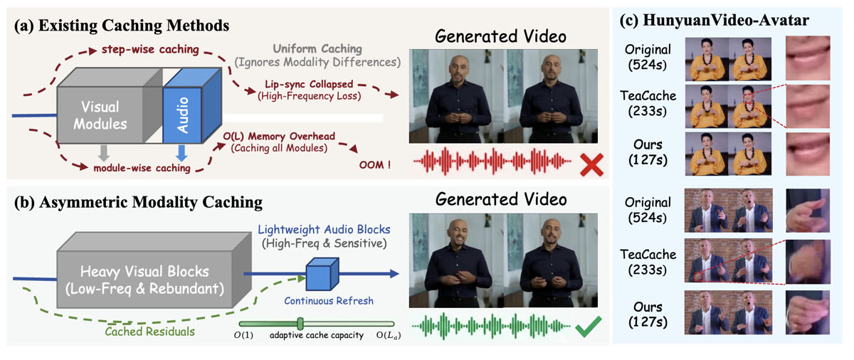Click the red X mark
tap(591, 165)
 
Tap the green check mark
tap(589, 327)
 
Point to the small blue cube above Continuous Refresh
tap(322, 274)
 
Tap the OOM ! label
tap(375, 165)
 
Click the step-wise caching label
tap(150, 50)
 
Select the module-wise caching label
tap(142, 168)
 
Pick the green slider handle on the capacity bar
tap(300, 324)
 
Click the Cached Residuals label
tap(150, 332)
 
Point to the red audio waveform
tap(492, 162)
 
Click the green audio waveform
tap(492, 326)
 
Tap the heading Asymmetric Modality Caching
tap(138, 202)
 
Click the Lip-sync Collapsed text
tap(309, 84)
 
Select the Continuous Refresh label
tap(329, 301)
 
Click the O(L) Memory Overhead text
tap(279, 137)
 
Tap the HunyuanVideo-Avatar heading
tap(714, 21)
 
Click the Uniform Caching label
tap(317, 49)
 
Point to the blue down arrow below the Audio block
tap(181, 153)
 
